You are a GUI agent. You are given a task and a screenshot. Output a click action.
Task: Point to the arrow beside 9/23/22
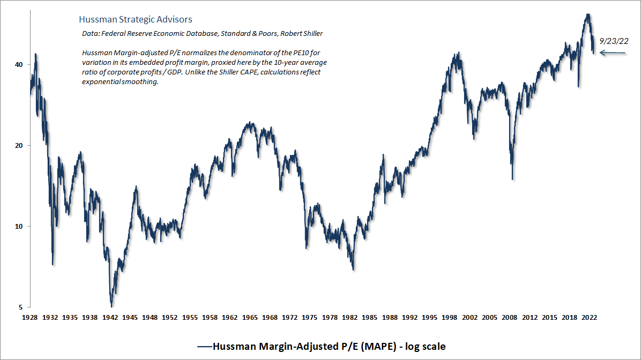click(613, 52)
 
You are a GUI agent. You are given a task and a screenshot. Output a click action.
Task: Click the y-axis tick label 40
click(19, 64)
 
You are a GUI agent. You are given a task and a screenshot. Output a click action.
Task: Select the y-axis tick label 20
click(19, 145)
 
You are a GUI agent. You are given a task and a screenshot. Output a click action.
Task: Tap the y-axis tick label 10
click(19, 226)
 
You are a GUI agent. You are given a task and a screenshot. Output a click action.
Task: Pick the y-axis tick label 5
click(21, 307)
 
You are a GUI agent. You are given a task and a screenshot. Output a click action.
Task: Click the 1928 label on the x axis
click(30, 317)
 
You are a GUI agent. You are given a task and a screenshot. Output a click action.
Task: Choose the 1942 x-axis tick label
click(110, 317)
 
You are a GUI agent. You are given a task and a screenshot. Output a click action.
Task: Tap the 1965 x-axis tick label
click(250, 317)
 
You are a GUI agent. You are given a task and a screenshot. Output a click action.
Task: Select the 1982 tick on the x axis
click(349, 317)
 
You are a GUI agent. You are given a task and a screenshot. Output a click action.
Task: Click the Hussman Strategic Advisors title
click(135, 19)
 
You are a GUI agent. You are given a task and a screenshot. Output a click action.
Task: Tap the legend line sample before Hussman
click(204, 346)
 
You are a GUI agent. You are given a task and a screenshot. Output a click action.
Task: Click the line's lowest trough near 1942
click(111, 306)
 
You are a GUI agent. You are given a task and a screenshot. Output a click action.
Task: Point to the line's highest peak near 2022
click(588, 14)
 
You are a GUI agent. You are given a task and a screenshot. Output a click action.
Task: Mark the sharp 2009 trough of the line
click(513, 179)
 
